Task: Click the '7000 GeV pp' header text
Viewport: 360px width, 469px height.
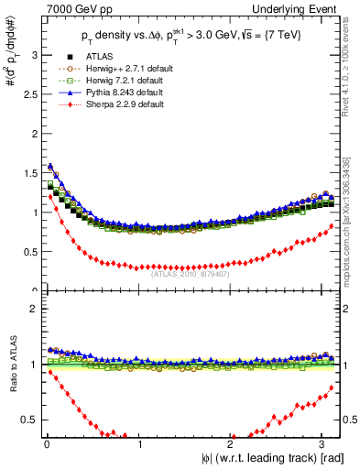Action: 67,8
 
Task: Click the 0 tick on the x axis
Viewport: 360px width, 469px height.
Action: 47,443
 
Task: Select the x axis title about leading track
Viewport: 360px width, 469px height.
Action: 272,458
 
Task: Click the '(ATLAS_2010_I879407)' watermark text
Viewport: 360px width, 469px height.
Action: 190,272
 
